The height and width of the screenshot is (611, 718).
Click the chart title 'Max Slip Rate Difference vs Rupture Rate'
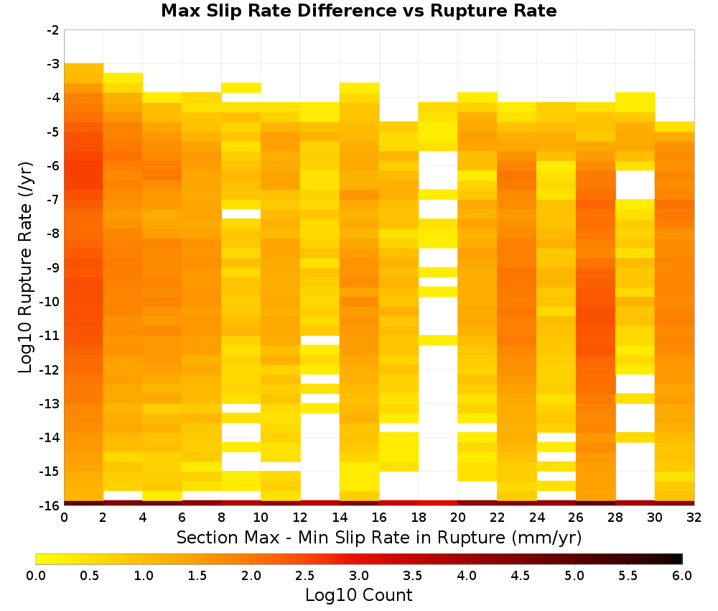[x=358, y=11]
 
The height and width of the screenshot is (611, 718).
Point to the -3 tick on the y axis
[x=53, y=64]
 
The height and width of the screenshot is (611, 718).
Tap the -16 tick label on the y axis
[x=50, y=505]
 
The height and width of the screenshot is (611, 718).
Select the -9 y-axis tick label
[x=53, y=267]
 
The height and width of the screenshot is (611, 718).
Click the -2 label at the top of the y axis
[x=53, y=31]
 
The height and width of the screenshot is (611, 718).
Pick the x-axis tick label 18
[x=419, y=518]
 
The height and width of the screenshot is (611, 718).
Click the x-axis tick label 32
[x=694, y=518]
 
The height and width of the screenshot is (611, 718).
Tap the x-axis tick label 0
[x=64, y=518]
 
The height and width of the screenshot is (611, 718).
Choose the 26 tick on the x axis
[x=576, y=518]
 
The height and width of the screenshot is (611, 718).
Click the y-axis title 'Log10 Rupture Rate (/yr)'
[x=25, y=267]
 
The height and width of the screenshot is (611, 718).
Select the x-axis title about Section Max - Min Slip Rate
[x=379, y=538]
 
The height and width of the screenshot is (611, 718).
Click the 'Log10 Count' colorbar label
[x=358, y=595]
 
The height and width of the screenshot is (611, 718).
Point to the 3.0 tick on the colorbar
[x=359, y=575]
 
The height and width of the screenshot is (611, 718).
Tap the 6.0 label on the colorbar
[x=682, y=575]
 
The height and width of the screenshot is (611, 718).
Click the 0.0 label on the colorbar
[x=36, y=575]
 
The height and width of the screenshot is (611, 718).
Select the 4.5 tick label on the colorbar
[x=520, y=575]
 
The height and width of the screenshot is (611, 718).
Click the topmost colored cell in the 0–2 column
[x=84, y=68]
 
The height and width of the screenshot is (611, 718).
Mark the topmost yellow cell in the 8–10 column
[x=241, y=88]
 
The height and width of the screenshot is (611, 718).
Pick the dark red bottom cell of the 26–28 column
[x=596, y=503]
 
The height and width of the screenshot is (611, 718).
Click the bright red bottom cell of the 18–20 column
[x=438, y=503]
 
